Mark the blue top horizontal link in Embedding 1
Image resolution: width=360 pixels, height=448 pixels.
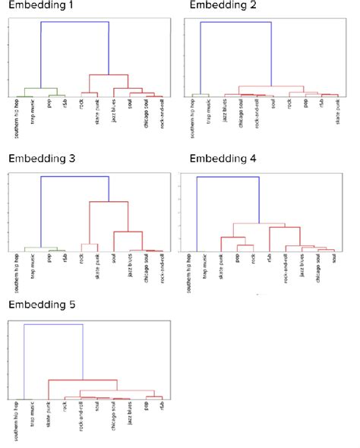pyautogui.click(x=74, y=22)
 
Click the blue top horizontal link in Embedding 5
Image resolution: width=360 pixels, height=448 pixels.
pyautogui.click(x=53, y=324)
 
